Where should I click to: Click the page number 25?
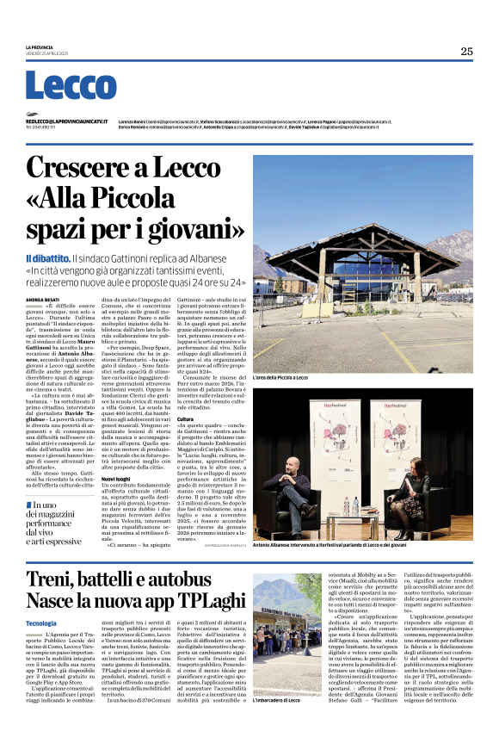point(466,51)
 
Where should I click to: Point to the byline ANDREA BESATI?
point(42,300)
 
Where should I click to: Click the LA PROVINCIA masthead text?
point(40,46)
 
